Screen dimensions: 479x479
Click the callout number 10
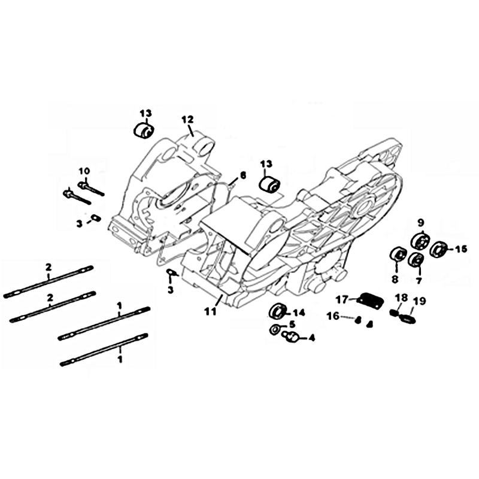[84, 171]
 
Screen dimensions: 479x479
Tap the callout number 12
[187, 119]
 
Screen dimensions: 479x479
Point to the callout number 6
[243, 175]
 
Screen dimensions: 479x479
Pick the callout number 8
[395, 279]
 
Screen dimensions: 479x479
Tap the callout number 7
[419, 280]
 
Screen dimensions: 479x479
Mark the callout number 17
[342, 300]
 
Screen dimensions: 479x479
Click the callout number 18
[401, 298]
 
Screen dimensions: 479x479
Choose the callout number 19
[420, 302]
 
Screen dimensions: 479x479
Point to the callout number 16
[333, 316]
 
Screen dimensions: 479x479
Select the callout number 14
[299, 313]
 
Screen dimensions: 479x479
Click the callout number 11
[211, 311]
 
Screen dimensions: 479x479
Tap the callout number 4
[311, 338]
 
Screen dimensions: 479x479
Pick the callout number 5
[292, 324]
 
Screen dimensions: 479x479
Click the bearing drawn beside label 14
[277, 311]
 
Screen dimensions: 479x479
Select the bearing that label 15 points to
[438, 249]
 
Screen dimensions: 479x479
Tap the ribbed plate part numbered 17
[370, 298]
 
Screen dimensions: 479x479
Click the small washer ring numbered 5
[275, 329]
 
